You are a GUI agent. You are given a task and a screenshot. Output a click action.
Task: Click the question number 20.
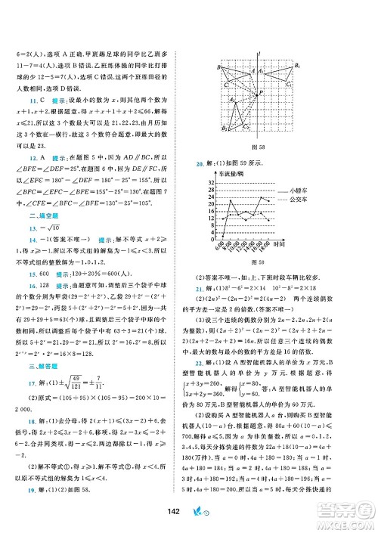click(x=200, y=163)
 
